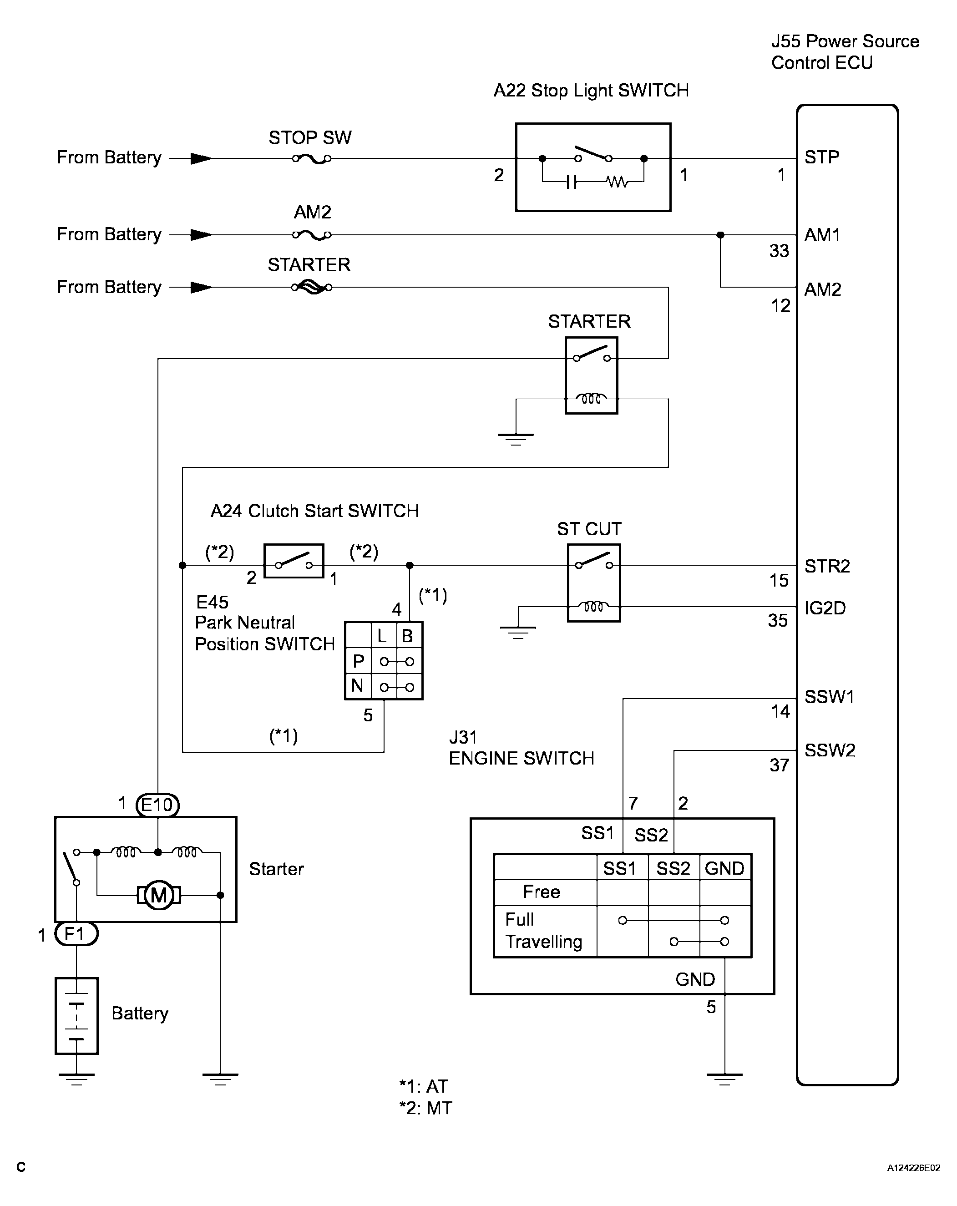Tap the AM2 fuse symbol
[x=312, y=235]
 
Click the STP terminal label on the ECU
[x=822, y=157]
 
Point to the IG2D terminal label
[x=825, y=608]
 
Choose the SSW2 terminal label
[x=830, y=750]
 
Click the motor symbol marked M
[x=159, y=895]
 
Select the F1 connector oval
[x=76, y=933]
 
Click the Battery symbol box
[x=76, y=1016]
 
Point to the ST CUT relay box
[x=594, y=583]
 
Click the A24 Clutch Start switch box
[x=294, y=561]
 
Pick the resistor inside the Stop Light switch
[x=617, y=182]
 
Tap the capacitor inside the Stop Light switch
[x=571, y=182]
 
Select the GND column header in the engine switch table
[x=724, y=868]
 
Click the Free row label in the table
[x=542, y=892]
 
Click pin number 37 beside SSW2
[x=779, y=765]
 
